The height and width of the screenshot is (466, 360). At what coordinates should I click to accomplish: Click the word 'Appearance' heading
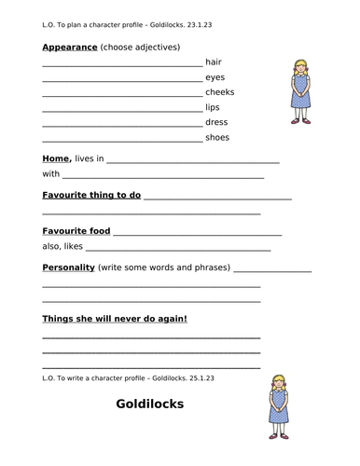pos(70,47)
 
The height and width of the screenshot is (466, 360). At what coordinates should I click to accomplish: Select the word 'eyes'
pos(215,77)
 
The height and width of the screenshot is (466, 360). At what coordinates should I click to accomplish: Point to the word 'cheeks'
pos(220,92)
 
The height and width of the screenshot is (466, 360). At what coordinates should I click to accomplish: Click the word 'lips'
pos(213,107)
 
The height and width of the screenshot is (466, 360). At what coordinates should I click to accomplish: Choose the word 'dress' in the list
pos(216,122)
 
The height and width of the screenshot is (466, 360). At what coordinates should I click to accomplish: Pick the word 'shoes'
pos(217,138)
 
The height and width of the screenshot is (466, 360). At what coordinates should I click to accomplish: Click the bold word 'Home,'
pos(57,159)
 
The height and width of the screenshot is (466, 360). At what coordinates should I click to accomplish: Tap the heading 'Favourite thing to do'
pos(91,195)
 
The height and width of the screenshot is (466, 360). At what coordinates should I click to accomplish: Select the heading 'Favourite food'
pos(76,230)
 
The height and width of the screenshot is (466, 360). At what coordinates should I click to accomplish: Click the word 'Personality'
pos(69,267)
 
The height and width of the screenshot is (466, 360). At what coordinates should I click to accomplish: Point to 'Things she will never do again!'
pos(115,319)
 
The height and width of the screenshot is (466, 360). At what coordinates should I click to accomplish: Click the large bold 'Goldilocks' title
pos(150,404)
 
